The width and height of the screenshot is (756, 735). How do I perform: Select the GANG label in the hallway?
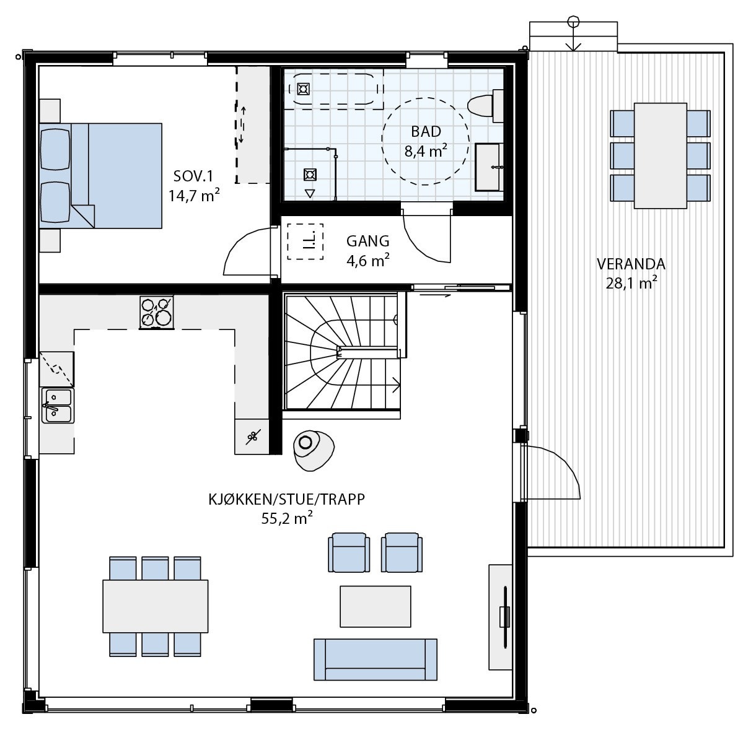tap(367, 241)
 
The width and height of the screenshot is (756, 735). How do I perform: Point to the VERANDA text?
tap(631, 264)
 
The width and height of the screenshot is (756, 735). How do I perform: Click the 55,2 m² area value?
tap(286, 519)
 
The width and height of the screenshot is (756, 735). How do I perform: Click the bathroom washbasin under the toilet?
tap(490, 167)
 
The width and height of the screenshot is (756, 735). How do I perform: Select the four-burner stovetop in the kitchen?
tap(156, 311)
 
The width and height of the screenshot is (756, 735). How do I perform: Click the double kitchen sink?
tap(57, 405)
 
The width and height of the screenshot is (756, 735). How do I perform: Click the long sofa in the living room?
tap(375, 659)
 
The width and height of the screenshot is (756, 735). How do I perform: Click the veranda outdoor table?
tap(661, 155)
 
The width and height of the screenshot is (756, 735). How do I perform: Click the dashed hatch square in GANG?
tap(305, 242)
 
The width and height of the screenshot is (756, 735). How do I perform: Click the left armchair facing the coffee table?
tap(348, 552)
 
